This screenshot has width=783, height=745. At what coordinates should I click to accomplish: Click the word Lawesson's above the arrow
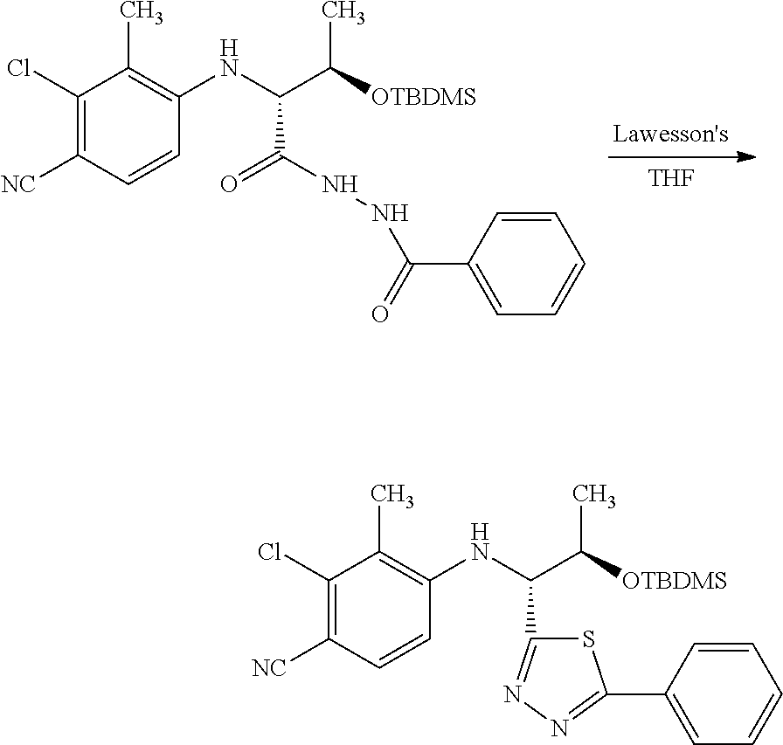click(670, 134)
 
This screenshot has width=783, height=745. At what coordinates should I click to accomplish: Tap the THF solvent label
click(671, 177)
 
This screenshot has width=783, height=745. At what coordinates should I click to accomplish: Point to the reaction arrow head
click(746, 157)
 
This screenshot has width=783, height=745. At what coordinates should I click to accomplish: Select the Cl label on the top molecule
click(19, 68)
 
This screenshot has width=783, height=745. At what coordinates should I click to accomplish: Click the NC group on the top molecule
click(19, 184)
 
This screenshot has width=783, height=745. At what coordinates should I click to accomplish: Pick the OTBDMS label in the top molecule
click(424, 96)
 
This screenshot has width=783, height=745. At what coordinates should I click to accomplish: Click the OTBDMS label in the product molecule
click(675, 580)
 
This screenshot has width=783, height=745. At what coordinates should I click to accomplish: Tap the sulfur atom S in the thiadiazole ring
click(589, 639)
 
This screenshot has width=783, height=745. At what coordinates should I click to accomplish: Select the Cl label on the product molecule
click(270, 552)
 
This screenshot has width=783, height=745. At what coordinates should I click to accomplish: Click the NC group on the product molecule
click(270, 668)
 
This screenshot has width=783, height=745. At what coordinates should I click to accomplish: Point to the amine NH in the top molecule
click(229, 59)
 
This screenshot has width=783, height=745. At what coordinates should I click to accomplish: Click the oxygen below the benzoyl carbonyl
click(380, 314)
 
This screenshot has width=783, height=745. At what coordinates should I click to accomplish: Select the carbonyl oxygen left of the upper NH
click(229, 184)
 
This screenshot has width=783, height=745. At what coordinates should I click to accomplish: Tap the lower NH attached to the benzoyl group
click(391, 213)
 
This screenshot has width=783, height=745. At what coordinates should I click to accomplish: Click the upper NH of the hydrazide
click(340, 184)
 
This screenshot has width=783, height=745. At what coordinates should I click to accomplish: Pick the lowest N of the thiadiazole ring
click(560, 728)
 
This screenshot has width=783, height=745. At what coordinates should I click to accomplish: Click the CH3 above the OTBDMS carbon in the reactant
click(343, 11)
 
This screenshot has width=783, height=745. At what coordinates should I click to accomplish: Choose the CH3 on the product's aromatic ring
click(392, 495)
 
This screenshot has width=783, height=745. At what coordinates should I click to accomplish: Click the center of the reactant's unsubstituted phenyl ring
click(527, 264)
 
